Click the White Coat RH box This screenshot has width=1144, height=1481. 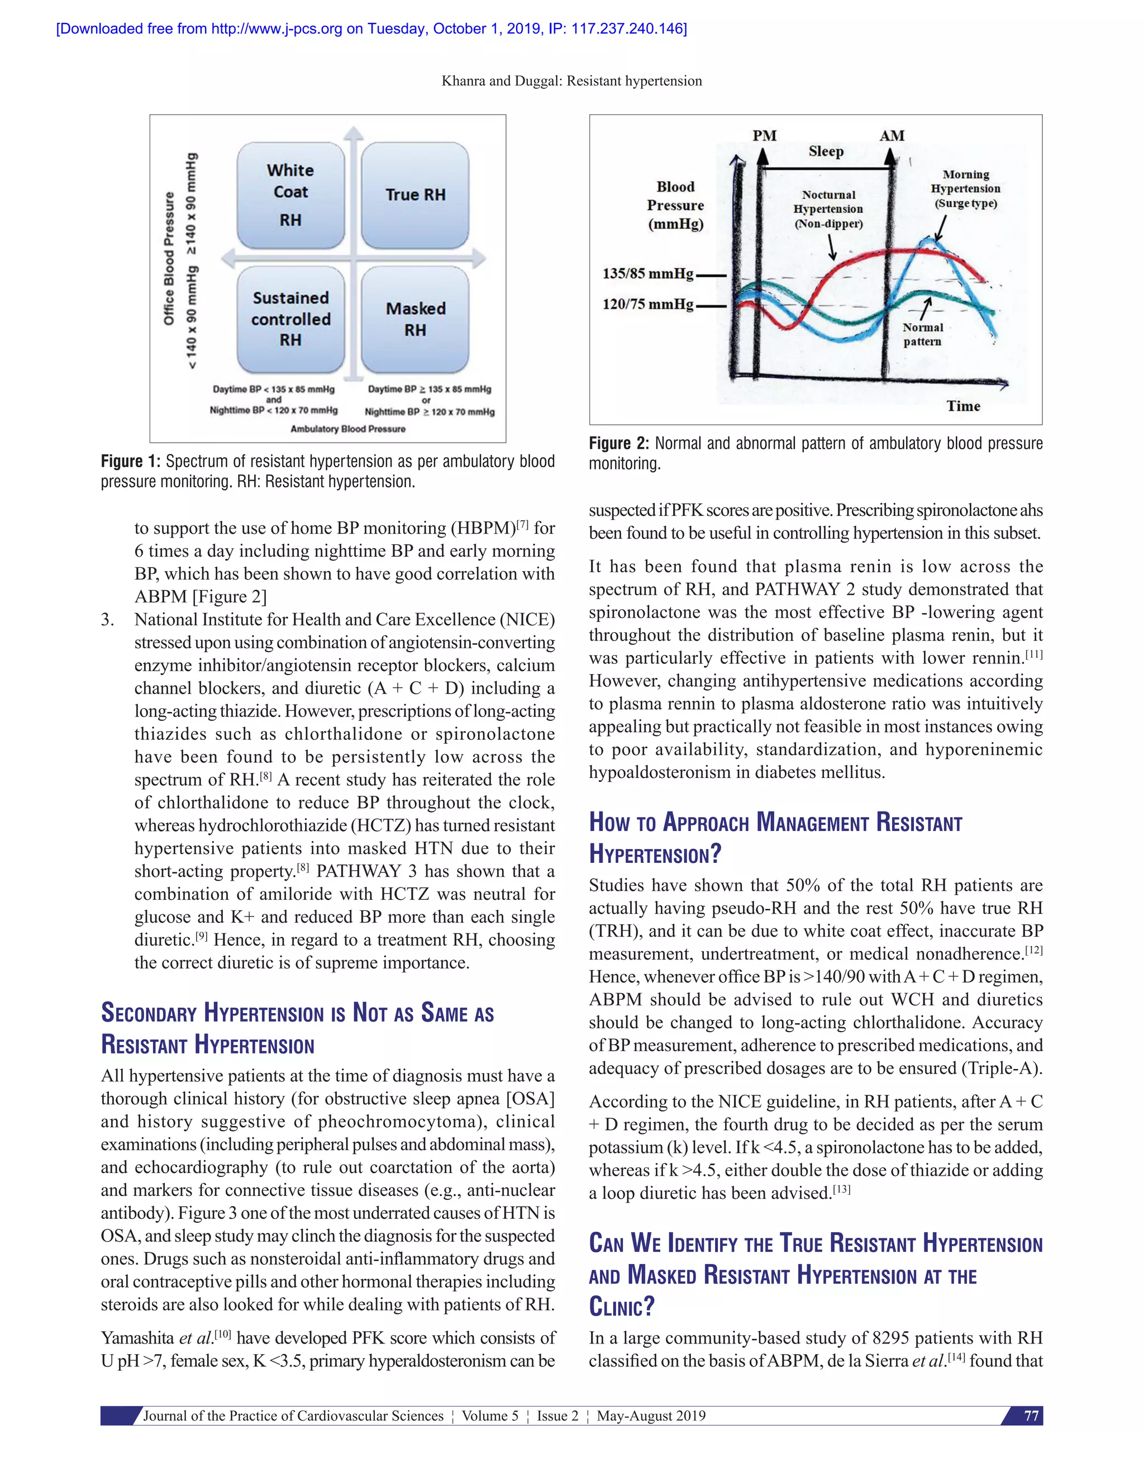click(290, 195)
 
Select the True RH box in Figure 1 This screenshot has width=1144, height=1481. click(415, 195)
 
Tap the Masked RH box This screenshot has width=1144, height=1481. click(415, 319)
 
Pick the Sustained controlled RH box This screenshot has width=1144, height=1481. click(290, 319)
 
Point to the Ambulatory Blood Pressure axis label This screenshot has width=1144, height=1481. click(347, 429)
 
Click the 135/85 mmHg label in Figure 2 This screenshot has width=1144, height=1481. click(648, 274)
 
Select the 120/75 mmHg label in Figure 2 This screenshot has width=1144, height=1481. click(648, 304)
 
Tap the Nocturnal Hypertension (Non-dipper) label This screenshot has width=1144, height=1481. click(828, 209)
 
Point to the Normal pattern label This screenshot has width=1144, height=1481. click(922, 334)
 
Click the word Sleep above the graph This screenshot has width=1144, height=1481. click(826, 151)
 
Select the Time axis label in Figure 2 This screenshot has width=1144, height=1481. click(963, 406)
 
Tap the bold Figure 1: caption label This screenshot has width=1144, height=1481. click(131, 462)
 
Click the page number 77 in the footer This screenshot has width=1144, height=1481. click(1031, 1416)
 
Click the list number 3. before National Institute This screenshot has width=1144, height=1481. click(108, 620)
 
